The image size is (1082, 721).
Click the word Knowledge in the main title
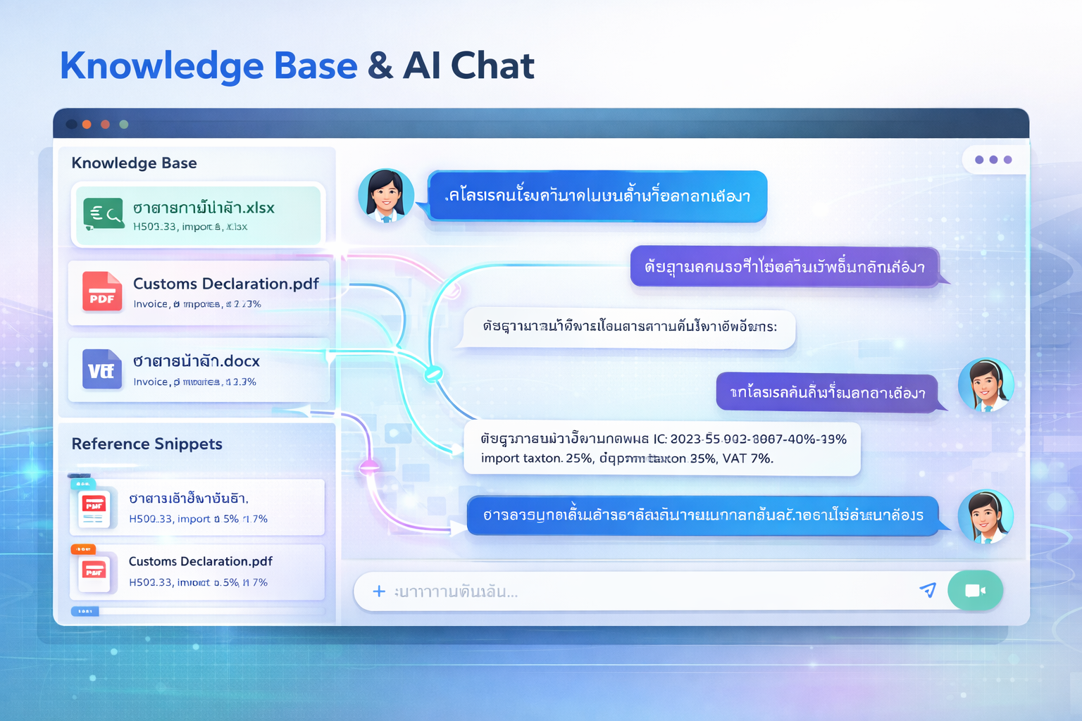click(x=161, y=66)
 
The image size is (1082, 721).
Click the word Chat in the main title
click(x=492, y=66)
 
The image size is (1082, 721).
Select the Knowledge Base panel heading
click(x=134, y=163)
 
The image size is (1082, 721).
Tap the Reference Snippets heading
click(x=147, y=444)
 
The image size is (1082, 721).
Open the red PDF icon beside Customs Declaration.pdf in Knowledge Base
click(x=102, y=291)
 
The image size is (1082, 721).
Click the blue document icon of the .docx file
click(x=102, y=369)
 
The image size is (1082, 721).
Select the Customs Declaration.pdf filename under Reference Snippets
click(x=200, y=562)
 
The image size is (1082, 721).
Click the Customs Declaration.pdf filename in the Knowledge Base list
click(x=225, y=284)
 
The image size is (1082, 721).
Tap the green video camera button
click(x=975, y=590)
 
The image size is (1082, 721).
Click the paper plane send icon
click(x=928, y=590)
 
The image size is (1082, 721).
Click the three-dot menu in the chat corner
click(x=993, y=160)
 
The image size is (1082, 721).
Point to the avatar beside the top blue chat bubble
click(x=385, y=196)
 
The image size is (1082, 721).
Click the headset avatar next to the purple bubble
click(x=985, y=384)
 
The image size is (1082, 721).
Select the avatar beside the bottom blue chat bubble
click(x=985, y=517)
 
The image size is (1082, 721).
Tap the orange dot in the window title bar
click(x=87, y=125)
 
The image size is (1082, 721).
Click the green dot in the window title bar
click(x=124, y=125)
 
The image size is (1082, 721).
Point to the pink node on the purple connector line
click(x=369, y=466)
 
